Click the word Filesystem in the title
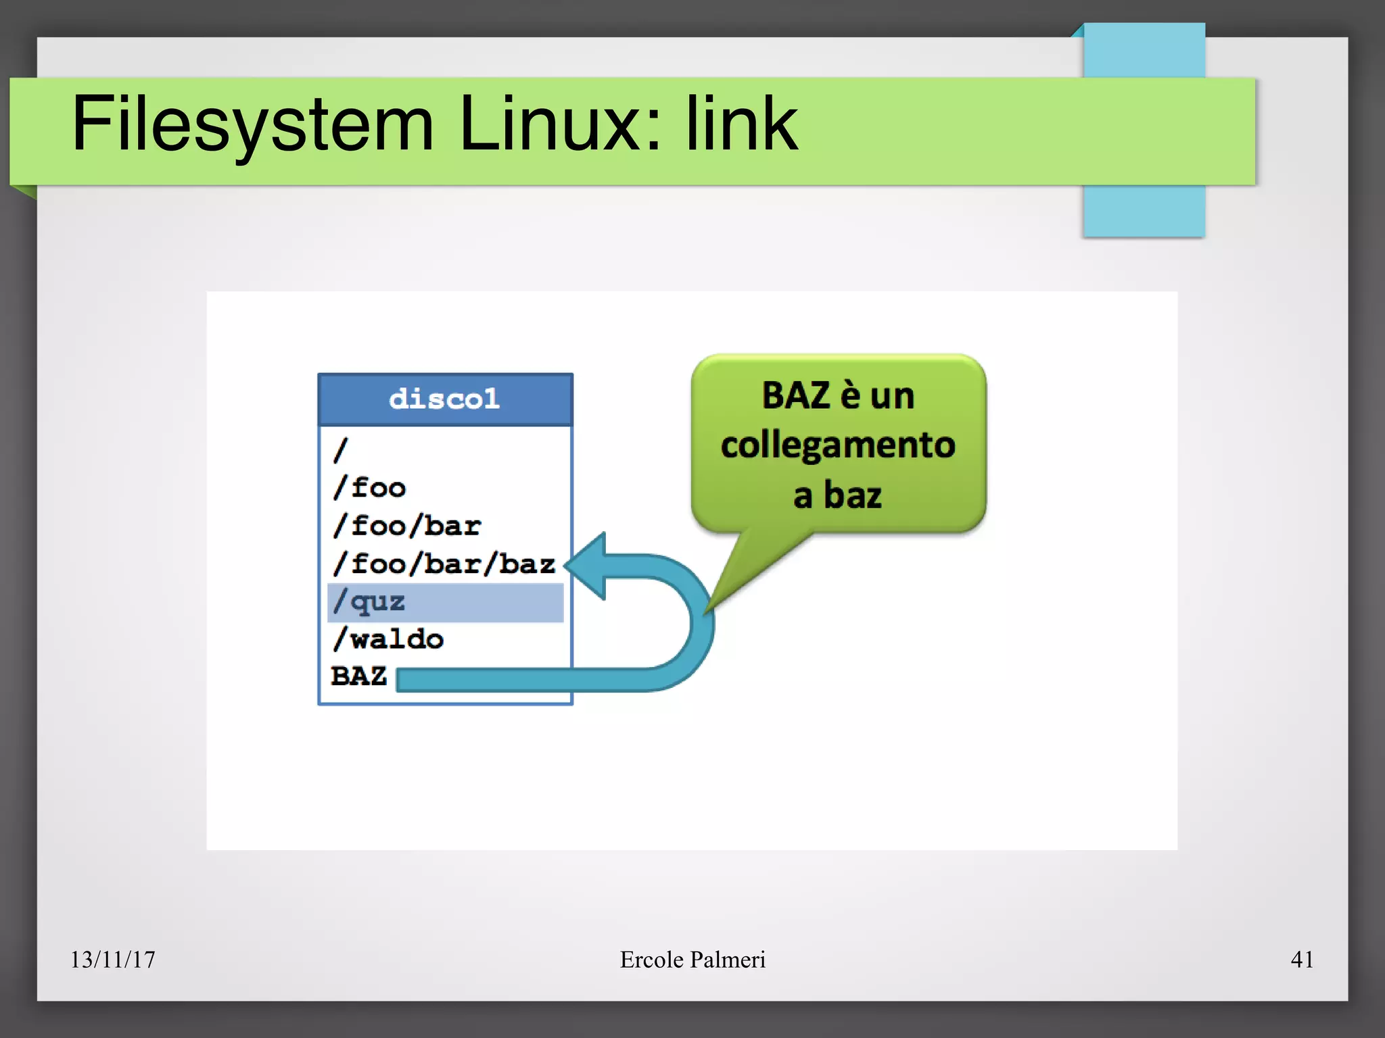[x=252, y=125]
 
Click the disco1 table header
[x=445, y=399]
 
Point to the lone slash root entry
[x=341, y=449]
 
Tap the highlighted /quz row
[x=445, y=602]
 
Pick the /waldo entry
[x=388, y=639]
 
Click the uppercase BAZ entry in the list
[x=358, y=676]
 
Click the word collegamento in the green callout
[x=838, y=446]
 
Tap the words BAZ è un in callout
[x=838, y=395]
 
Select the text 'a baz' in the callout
[x=838, y=495]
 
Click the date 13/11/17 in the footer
[x=113, y=959]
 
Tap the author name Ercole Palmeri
[x=692, y=959]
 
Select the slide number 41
[x=1302, y=959]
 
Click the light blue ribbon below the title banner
[x=1144, y=210]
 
